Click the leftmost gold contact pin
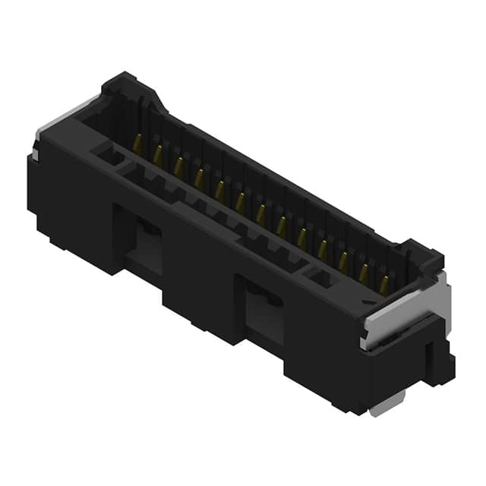(x=137, y=142)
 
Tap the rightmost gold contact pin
(x=384, y=285)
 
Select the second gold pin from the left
(x=158, y=154)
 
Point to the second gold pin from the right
(x=364, y=273)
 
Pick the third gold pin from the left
(x=178, y=166)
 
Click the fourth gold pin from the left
(x=199, y=178)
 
